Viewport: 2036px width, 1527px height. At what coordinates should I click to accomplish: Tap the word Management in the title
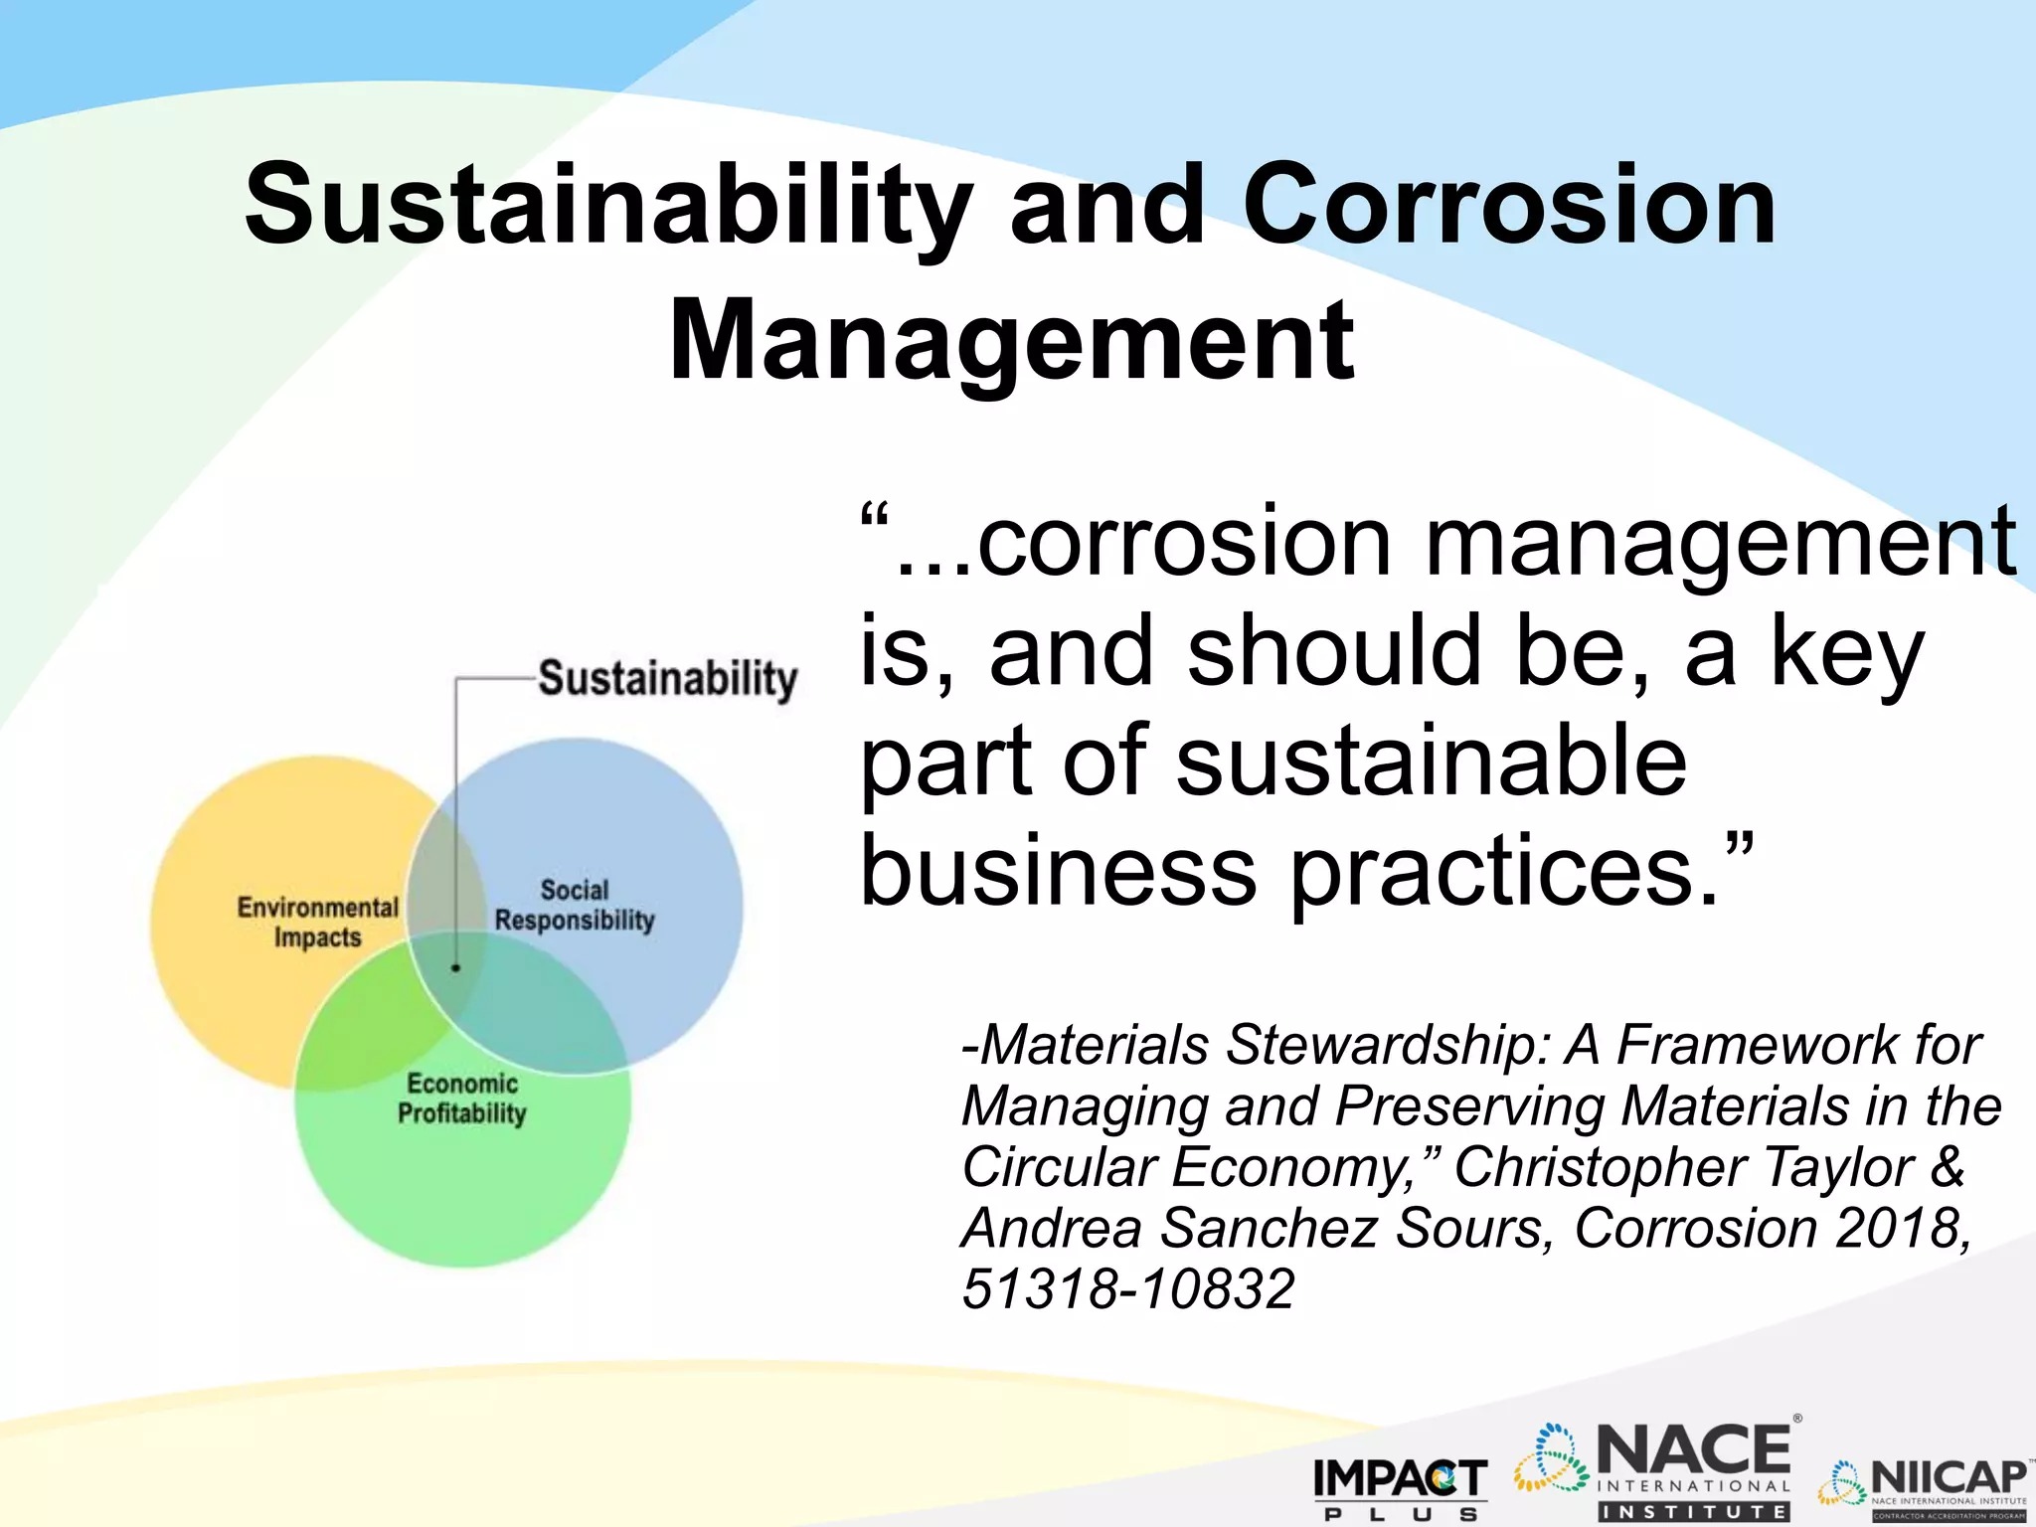pyautogui.click(x=1011, y=341)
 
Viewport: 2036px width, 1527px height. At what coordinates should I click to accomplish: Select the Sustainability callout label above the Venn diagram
pyautogui.click(x=667, y=680)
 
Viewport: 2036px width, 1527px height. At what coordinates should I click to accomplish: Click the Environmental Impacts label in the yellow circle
pyautogui.click(x=317, y=922)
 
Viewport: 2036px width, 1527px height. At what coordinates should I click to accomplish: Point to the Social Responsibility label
pyautogui.click(x=575, y=905)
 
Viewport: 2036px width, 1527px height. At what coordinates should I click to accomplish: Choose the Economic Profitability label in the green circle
pyautogui.click(x=462, y=1099)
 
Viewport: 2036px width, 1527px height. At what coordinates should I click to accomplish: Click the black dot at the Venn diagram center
pyautogui.click(x=456, y=967)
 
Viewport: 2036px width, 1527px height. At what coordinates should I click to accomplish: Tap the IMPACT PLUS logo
pyautogui.click(x=1400, y=1486)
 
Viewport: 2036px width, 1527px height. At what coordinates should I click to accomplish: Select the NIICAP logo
pyautogui.click(x=1925, y=1487)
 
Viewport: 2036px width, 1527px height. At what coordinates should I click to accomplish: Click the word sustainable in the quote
pyautogui.click(x=1432, y=762)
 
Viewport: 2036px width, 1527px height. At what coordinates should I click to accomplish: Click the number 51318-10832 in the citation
pyautogui.click(x=1128, y=1289)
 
